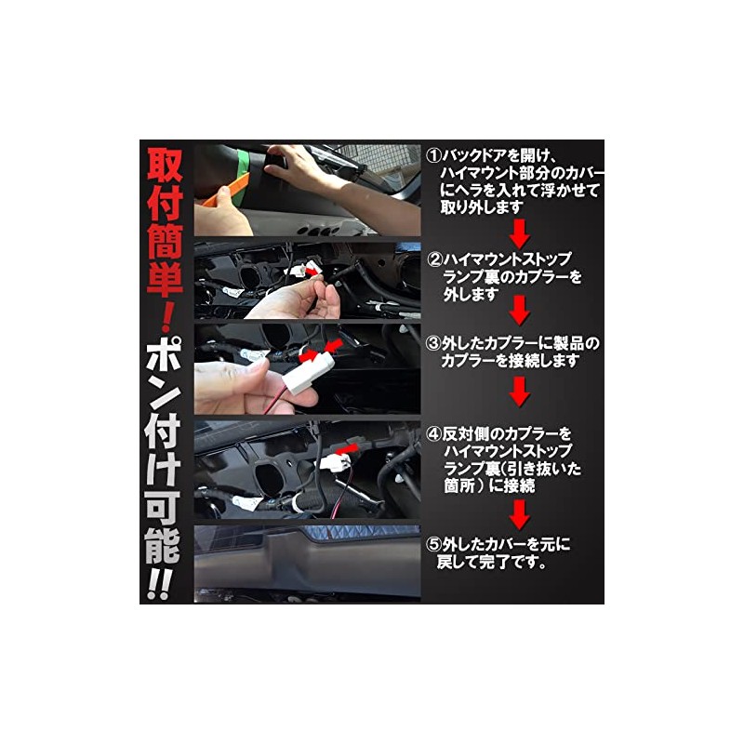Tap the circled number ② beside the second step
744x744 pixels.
(435, 258)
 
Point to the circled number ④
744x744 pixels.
(433, 435)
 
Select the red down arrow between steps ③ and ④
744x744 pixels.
(520, 392)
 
